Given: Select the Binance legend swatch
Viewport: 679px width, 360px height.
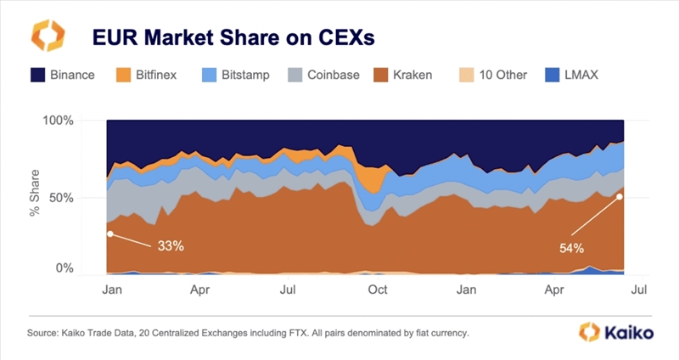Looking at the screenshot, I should click(39, 75).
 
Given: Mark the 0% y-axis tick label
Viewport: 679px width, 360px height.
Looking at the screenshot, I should click(65, 268).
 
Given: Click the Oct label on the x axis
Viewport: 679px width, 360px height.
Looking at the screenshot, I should click(378, 290).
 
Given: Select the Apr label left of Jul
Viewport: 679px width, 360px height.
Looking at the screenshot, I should click(200, 290).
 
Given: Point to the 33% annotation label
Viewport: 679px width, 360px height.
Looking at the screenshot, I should click(171, 246).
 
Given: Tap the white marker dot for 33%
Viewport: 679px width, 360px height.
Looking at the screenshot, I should click(109, 233).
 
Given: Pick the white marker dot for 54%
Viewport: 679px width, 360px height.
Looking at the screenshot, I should click(620, 197).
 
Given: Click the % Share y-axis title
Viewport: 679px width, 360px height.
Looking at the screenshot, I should click(35, 197).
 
